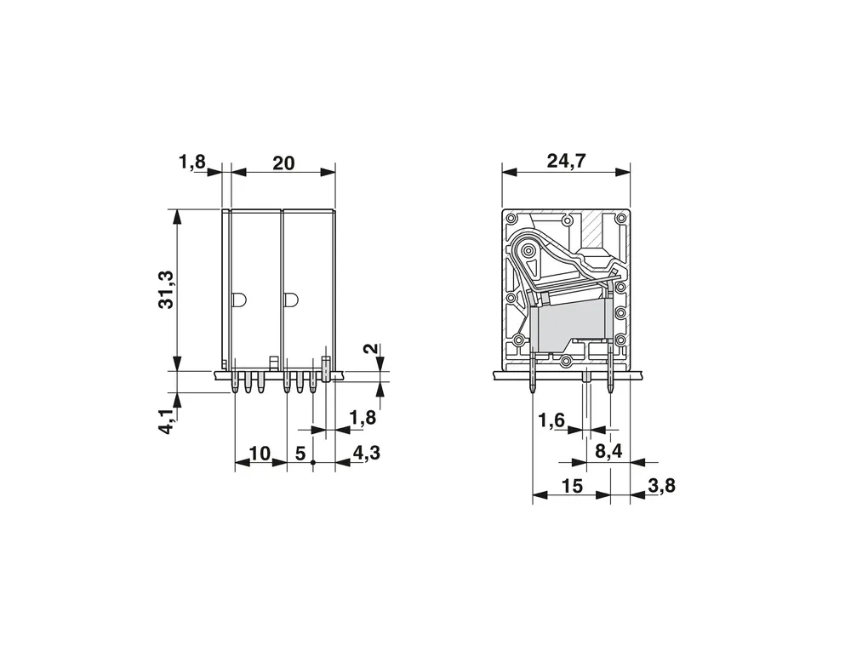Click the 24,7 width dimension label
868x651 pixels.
[566, 161]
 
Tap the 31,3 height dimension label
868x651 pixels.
[166, 289]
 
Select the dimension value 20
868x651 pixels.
[283, 163]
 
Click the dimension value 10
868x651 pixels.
[260, 454]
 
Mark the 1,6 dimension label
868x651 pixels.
[552, 420]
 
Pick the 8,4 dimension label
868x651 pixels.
[608, 452]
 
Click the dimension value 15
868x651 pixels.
[573, 486]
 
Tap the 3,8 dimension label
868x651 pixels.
[661, 485]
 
